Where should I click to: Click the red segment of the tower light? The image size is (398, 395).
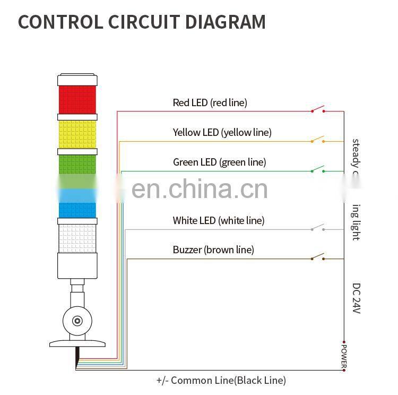[77, 99]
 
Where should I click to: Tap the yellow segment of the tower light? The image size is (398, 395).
[77, 134]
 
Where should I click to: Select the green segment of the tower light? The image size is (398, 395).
[77, 165]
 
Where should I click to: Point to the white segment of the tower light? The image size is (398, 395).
[77, 238]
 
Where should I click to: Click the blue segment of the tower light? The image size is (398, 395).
[77, 208]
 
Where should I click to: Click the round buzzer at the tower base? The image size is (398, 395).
[77, 320]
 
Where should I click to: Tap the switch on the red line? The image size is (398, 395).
[318, 110]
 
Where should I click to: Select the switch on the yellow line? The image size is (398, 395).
[318, 141]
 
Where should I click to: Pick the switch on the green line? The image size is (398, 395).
[318, 170]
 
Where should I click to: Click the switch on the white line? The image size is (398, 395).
[318, 229]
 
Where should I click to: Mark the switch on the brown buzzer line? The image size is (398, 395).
[318, 259]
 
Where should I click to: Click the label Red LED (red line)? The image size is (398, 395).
[210, 102]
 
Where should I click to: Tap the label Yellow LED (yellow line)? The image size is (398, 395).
[222, 132]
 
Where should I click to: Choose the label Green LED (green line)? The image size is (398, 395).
[219, 162]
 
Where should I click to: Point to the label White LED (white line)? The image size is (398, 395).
[218, 220]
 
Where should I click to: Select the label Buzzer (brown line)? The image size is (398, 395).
[213, 250]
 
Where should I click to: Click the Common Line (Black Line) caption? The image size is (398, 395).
[221, 380]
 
